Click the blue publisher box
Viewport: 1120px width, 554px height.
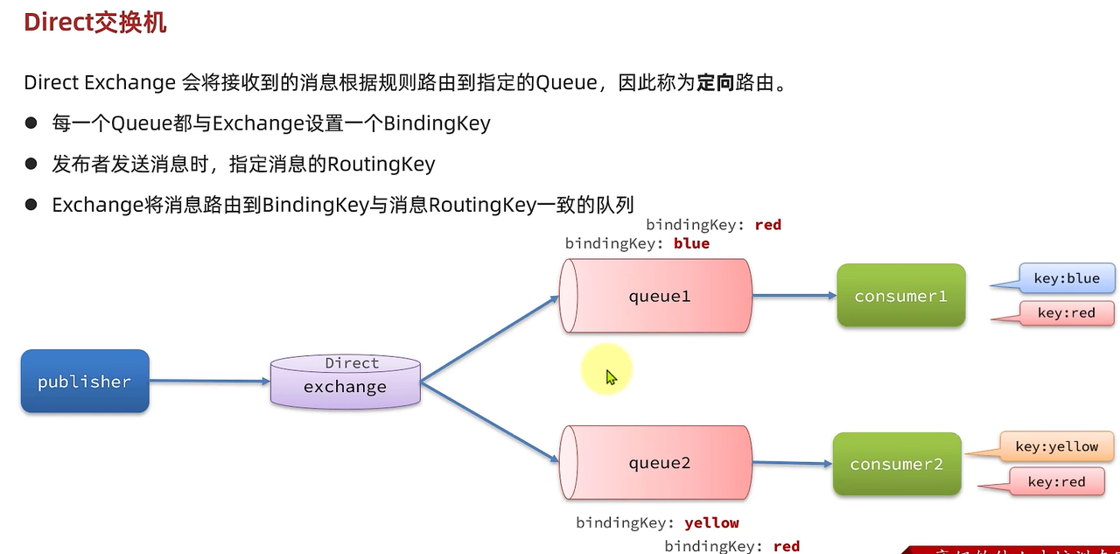coord(85,382)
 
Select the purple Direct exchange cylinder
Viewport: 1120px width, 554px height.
coord(346,382)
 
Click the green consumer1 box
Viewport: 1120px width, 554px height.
coord(900,296)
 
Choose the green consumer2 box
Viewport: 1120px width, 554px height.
coord(896,464)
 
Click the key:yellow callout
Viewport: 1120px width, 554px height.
coord(1056,447)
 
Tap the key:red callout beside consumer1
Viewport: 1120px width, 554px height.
coord(1067,313)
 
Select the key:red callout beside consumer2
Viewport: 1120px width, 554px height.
coord(1056,482)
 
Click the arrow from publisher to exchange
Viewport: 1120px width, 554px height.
coord(210,381)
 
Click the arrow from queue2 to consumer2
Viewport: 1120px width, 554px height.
coord(791,463)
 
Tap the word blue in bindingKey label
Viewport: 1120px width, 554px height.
coord(691,243)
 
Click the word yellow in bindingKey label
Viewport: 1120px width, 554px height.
coord(711,522)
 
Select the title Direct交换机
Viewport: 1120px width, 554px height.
coord(95,23)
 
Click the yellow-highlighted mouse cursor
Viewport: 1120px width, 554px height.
coord(610,376)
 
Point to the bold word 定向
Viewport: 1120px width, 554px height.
coord(717,84)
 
